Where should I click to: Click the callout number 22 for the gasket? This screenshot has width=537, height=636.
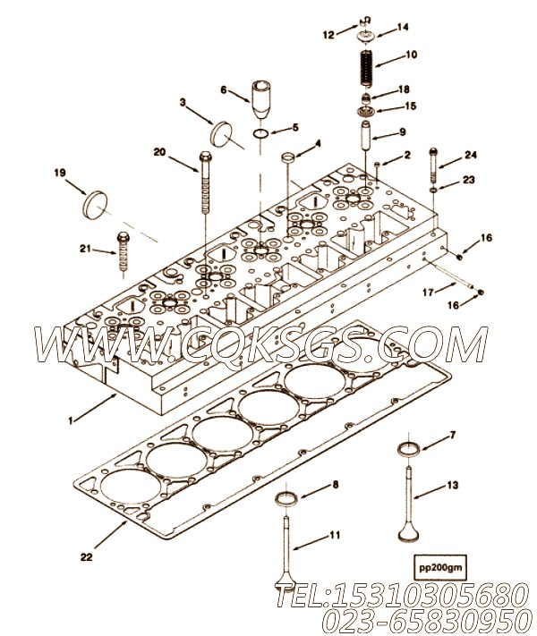(86, 557)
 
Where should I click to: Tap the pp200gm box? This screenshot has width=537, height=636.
(440, 567)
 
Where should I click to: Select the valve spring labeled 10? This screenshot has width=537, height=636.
(368, 67)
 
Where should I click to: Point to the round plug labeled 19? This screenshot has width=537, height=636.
(96, 205)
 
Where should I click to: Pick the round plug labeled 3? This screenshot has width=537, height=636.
(221, 134)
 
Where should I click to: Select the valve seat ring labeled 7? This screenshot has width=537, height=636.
(409, 450)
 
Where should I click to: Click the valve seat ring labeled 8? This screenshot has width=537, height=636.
(286, 498)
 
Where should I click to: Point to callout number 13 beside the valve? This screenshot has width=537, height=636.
(453, 485)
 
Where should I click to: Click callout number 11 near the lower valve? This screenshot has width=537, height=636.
(335, 535)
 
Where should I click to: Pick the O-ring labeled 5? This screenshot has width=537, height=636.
(261, 133)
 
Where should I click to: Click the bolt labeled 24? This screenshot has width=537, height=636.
(433, 165)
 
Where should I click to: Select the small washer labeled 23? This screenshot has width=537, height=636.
(433, 190)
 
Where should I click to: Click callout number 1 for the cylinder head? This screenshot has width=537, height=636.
(71, 421)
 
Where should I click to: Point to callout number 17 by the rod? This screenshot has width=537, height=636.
(428, 292)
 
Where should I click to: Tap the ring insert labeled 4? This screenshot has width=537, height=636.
(287, 157)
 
